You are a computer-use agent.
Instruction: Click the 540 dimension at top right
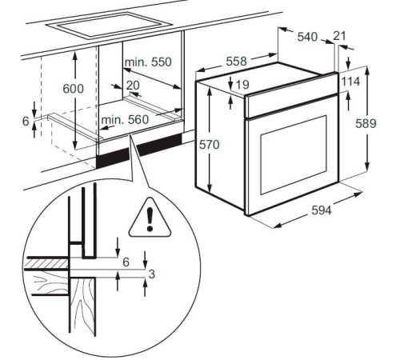coord(306,37)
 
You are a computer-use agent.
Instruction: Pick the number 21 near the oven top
coord(339,36)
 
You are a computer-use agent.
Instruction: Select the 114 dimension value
coord(350,82)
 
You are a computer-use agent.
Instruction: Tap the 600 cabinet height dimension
coord(73,90)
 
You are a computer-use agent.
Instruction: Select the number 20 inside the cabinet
coord(132,85)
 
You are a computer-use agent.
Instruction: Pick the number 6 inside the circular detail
coord(126,262)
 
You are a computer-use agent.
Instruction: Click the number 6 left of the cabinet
coord(26,120)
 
